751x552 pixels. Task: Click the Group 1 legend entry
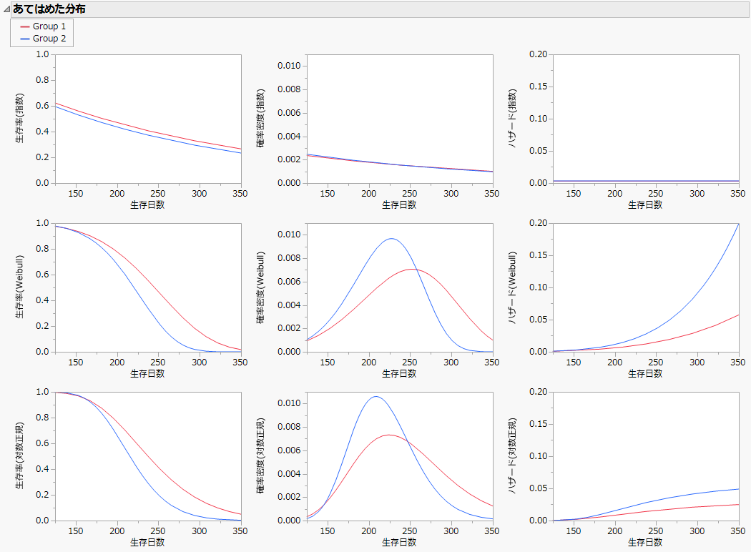click(49, 26)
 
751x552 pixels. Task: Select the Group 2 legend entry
click(49, 39)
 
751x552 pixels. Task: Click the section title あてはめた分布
click(49, 9)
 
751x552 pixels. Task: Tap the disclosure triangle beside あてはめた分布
click(6, 9)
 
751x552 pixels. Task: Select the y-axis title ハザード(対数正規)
click(512, 456)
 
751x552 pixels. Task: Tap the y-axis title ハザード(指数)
click(512, 119)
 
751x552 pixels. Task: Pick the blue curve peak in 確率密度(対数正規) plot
click(375, 396)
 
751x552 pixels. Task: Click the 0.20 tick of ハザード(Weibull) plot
click(538, 223)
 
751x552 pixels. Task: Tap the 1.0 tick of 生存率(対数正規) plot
click(42, 392)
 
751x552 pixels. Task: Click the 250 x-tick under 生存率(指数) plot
click(158, 194)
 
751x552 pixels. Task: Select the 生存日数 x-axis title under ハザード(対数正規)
click(645, 542)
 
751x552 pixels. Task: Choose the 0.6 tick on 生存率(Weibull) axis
click(42, 275)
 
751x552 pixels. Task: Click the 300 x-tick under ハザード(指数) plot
click(697, 194)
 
